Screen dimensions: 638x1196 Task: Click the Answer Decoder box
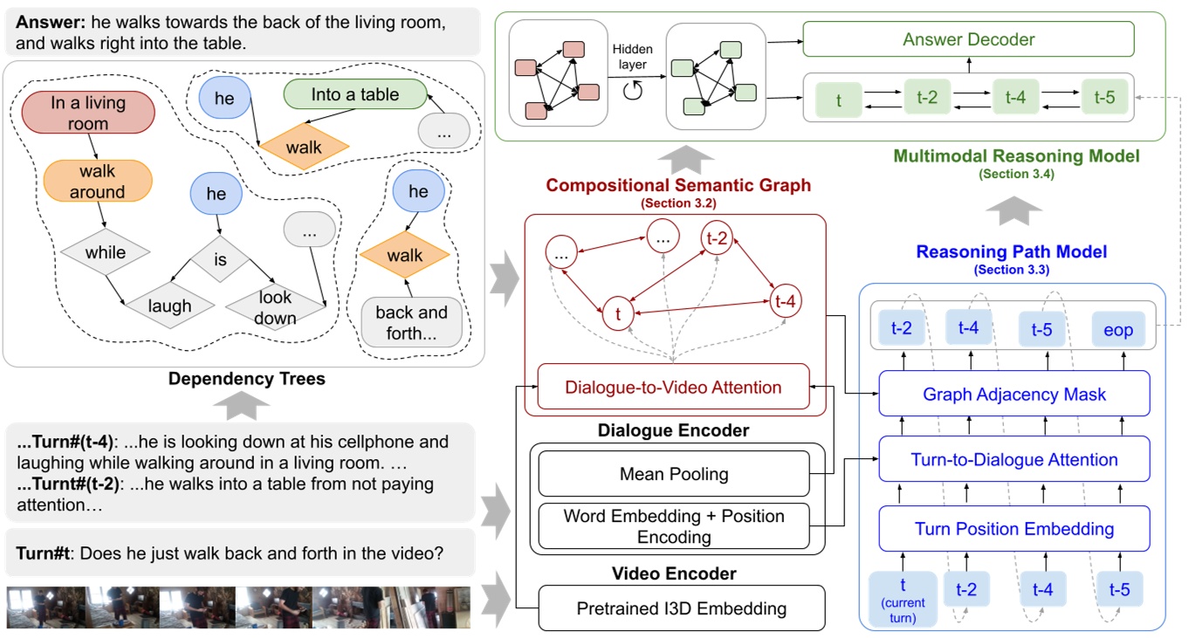click(968, 39)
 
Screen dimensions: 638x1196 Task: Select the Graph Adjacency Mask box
click(1014, 394)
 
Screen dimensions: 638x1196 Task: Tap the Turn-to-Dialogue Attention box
click(1014, 460)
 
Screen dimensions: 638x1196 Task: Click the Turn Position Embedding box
click(1014, 529)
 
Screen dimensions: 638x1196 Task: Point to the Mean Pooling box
click(673, 474)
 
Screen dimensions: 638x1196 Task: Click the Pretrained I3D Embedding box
click(681, 608)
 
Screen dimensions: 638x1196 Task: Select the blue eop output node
click(1117, 330)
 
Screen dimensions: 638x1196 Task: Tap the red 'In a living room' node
click(87, 113)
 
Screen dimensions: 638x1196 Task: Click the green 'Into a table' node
click(354, 95)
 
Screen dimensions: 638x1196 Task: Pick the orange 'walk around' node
click(97, 182)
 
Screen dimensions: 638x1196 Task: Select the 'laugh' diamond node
click(169, 306)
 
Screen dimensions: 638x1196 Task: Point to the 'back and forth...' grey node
click(411, 322)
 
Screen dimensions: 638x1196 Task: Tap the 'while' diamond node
click(106, 253)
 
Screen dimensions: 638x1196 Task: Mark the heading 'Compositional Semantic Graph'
click(677, 185)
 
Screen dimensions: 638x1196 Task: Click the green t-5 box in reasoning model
click(1104, 99)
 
